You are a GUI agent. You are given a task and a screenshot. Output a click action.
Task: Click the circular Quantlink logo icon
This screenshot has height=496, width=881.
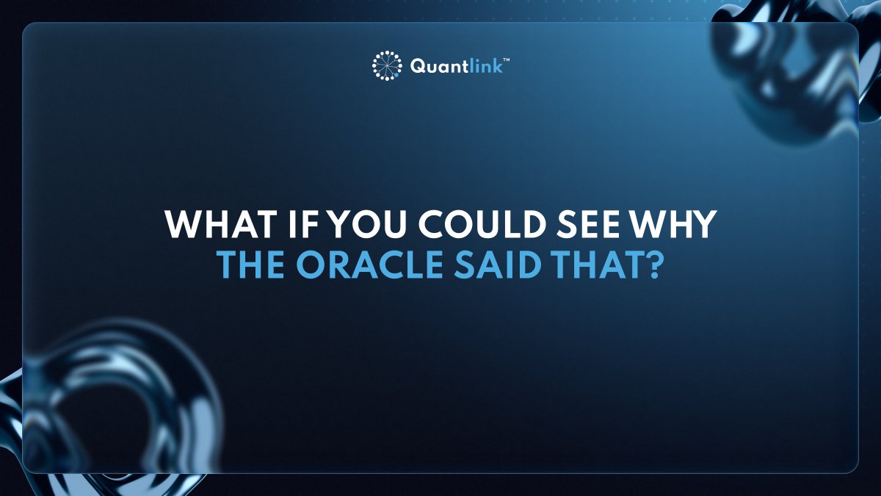coord(387,65)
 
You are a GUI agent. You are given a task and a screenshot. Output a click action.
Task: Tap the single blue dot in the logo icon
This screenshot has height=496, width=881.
coord(396,73)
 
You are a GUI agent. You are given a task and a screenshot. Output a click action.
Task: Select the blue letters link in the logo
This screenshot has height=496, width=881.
coord(486,65)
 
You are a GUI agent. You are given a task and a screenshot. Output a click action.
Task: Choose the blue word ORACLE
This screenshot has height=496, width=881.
coord(365,265)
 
